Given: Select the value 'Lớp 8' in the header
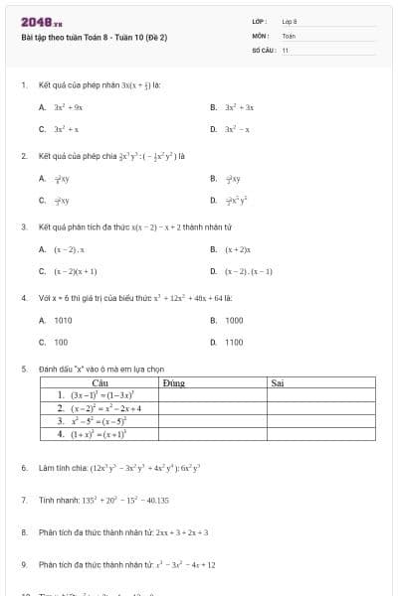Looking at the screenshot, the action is (x=290, y=21).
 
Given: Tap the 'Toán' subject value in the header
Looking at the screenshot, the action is (x=289, y=35).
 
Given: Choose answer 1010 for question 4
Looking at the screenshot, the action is (x=63, y=320).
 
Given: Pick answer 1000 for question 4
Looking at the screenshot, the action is (x=234, y=320).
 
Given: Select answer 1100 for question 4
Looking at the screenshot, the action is (x=234, y=342).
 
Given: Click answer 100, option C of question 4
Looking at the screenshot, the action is (x=61, y=342).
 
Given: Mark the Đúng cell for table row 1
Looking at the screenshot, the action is (x=212, y=394).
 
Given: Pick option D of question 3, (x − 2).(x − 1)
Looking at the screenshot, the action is (x=249, y=270).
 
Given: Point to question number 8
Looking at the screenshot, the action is (x=23, y=531).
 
